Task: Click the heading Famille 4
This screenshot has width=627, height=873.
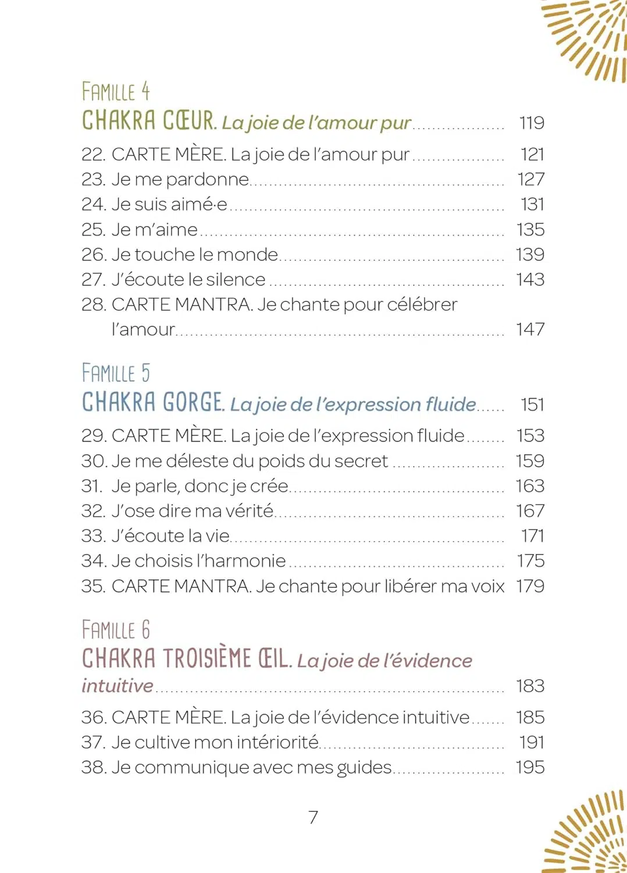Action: tap(116, 92)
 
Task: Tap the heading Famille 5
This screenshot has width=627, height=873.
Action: tap(116, 373)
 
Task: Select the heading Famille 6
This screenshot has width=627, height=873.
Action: tap(116, 630)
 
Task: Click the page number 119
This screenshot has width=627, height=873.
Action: tap(532, 123)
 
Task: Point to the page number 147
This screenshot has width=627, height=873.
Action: tap(530, 329)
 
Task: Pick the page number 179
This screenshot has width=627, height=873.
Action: tap(530, 586)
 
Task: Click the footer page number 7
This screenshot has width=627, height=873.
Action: tap(313, 818)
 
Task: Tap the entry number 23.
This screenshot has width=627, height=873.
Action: tap(93, 179)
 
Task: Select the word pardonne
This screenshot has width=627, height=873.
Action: tap(208, 180)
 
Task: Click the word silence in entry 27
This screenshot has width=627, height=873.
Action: tap(236, 279)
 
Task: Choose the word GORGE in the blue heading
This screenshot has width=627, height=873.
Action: tap(193, 402)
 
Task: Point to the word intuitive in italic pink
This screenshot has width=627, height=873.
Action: tap(117, 686)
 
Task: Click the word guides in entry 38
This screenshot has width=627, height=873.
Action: tap(364, 768)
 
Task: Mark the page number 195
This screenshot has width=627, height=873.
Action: tap(530, 767)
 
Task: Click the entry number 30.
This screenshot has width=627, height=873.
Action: tap(94, 461)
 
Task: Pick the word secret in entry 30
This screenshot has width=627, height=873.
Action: tap(361, 461)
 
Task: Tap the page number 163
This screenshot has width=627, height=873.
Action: tap(530, 486)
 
